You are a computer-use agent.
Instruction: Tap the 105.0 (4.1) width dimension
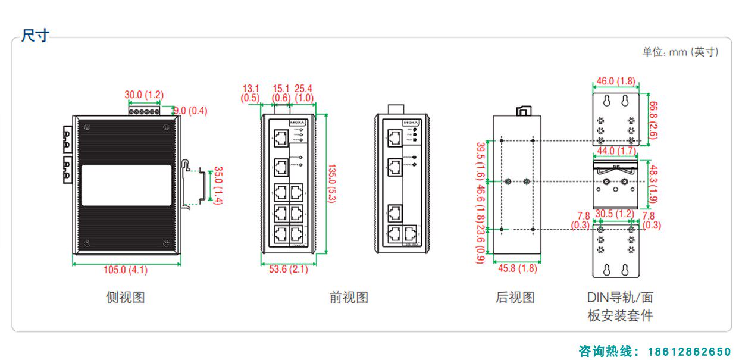pos(126,270)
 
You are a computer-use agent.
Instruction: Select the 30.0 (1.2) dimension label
pos(144,95)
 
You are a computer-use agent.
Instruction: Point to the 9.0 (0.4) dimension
pos(190,110)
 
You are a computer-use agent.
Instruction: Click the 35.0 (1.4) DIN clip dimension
pos(218,186)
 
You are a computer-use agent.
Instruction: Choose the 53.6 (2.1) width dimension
pos(289,269)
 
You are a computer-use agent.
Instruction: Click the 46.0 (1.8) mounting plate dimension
pos(616,81)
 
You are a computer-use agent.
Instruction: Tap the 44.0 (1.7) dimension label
pos(615,151)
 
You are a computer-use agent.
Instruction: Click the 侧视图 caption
pos(125,297)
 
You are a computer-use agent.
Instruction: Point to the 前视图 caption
pos(349,297)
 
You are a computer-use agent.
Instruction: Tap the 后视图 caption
pos(515,297)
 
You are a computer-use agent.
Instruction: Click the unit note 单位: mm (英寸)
pos(680,52)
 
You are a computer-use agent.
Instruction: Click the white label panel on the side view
pos(126,185)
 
